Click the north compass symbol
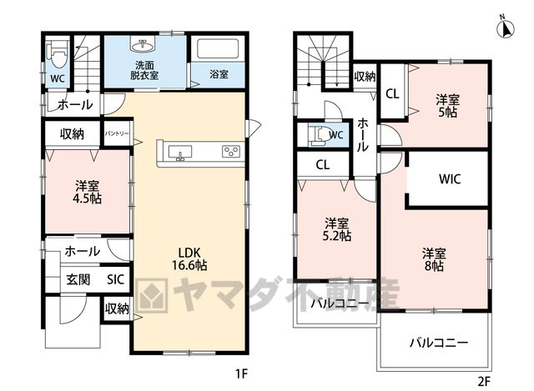click(506, 27)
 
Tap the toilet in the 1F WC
click(58, 56)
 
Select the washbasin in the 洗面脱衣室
click(142, 44)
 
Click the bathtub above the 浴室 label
click(218, 49)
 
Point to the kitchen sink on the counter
click(180, 152)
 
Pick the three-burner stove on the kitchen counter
click(231, 151)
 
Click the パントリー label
click(117, 133)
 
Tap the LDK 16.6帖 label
click(189, 258)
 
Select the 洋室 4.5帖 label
click(88, 193)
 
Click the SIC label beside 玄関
click(115, 280)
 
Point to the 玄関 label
click(78, 280)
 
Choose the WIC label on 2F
click(450, 178)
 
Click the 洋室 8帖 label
click(434, 259)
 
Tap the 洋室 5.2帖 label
click(336, 230)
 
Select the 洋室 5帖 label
click(447, 106)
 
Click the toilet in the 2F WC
click(317, 135)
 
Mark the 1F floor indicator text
click(241, 374)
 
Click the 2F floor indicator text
click(484, 382)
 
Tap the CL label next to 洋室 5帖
click(392, 94)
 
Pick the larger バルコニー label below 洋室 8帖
click(439, 343)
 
